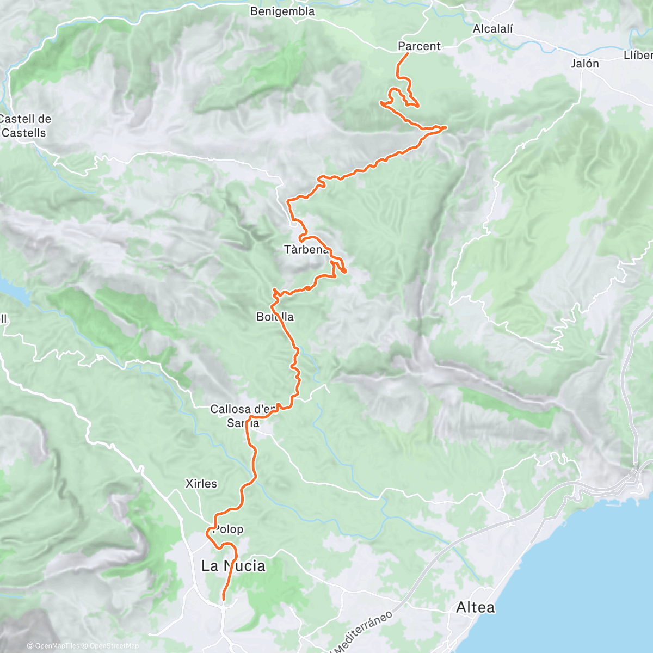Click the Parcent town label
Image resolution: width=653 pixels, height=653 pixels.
(419, 46)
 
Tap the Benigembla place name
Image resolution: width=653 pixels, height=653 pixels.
(282, 11)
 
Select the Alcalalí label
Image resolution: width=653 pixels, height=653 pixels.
(493, 29)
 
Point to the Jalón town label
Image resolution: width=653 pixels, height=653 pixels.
(585, 64)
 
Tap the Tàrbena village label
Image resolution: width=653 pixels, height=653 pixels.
(306, 250)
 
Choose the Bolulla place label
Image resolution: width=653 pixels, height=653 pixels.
(275, 317)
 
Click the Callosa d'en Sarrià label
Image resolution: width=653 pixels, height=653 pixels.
(243, 416)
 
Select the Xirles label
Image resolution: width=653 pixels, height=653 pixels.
(201, 484)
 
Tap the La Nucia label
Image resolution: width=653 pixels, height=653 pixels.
(233, 566)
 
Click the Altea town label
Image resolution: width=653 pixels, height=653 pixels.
(476, 607)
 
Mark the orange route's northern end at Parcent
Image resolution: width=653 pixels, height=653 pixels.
(408, 54)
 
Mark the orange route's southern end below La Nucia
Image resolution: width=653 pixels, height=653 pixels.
(224, 600)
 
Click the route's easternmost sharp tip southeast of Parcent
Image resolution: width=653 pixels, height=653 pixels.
(446, 127)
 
